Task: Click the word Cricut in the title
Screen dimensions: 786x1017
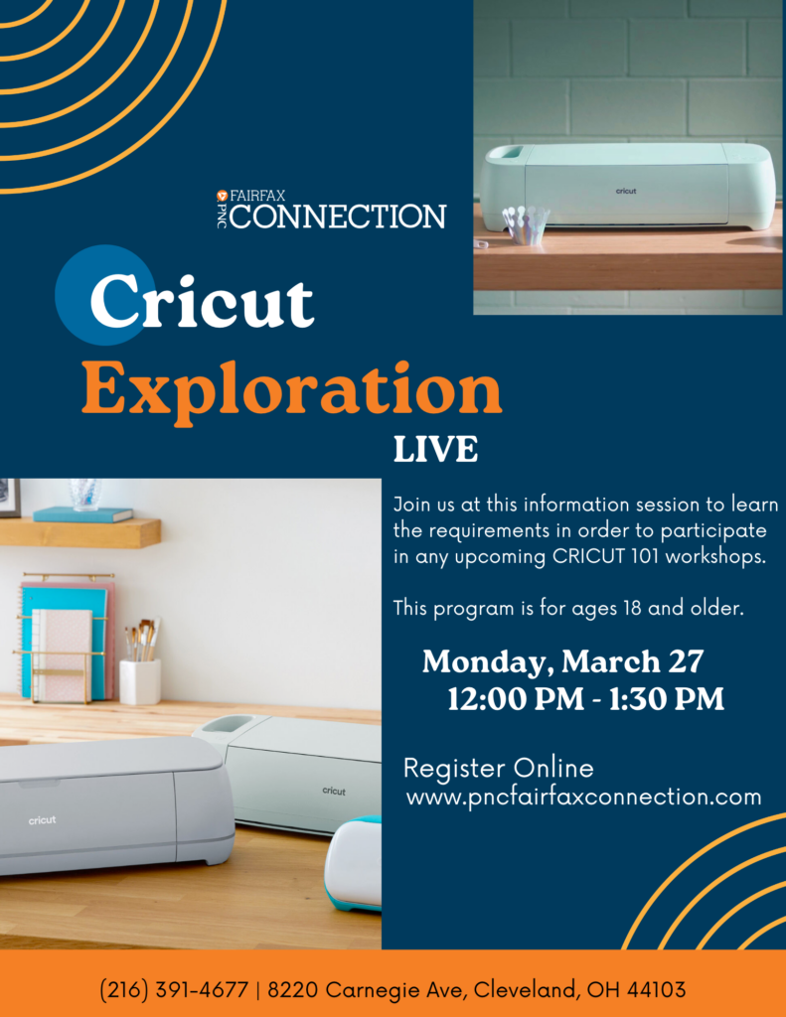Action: click(202, 302)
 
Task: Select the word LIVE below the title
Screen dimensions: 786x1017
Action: click(435, 450)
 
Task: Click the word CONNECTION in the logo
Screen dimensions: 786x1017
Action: click(338, 217)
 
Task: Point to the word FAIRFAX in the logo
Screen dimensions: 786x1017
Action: click(257, 196)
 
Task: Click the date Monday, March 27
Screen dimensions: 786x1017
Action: click(562, 662)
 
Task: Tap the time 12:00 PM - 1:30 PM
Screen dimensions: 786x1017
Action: click(585, 699)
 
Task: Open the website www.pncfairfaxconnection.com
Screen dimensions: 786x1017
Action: click(583, 798)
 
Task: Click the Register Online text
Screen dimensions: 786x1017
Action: click(499, 769)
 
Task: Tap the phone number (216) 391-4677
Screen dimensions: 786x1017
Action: click(174, 990)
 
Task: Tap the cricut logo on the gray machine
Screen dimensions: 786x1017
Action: click(42, 820)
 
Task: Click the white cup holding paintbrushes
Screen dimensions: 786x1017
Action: click(140, 681)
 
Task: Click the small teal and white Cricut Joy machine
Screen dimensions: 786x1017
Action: click(354, 864)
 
